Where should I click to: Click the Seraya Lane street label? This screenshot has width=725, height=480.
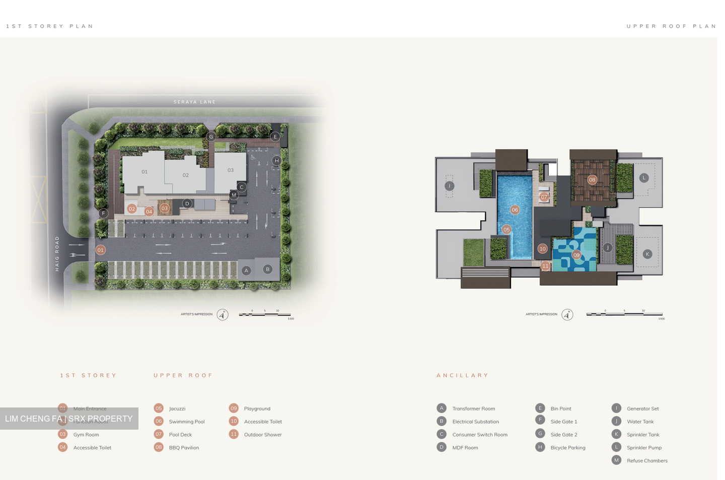click(x=194, y=102)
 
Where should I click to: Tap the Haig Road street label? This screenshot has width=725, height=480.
click(x=57, y=254)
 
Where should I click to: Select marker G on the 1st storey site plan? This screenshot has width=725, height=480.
click(x=211, y=136)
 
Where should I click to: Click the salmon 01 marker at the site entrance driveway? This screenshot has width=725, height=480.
click(x=101, y=250)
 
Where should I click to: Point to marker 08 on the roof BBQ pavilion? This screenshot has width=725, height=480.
click(x=592, y=180)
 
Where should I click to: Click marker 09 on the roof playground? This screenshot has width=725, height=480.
click(x=576, y=255)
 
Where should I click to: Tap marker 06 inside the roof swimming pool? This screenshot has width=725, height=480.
click(x=515, y=210)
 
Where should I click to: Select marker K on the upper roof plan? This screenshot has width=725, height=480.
click(x=647, y=254)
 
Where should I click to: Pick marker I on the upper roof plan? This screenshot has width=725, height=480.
click(x=450, y=186)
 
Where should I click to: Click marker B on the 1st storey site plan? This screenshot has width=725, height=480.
click(x=267, y=269)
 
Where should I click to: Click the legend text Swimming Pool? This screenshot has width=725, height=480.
click(x=187, y=422)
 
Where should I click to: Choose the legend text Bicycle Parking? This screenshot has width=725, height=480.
click(x=568, y=448)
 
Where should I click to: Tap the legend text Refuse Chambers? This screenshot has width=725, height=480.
click(x=647, y=460)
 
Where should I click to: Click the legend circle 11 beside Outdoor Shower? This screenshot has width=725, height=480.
click(x=234, y=434)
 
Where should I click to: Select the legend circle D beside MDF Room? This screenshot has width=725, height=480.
click(x=442, y=447)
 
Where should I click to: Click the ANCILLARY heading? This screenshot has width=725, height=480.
click(x=462, y=375)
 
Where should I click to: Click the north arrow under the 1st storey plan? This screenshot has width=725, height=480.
click(x=223, y=315)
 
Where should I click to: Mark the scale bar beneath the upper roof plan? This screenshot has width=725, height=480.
click(x=624, y=314)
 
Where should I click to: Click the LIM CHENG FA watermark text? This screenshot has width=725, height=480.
click(x=69, y=419)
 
